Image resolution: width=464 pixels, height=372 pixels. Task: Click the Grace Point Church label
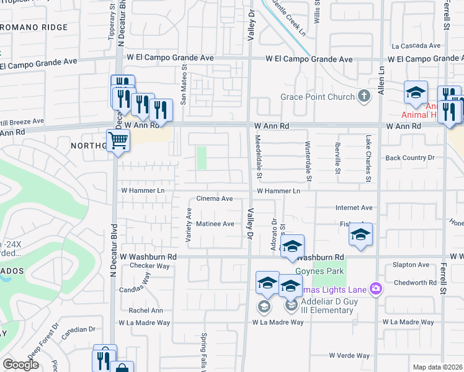(x=316, y=97)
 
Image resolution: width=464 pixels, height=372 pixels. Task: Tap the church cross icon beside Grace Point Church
(x=364, y=96)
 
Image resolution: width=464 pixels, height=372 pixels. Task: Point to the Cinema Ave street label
(x=214, y=199)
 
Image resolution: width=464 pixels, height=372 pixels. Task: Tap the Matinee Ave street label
(x=215, y=223)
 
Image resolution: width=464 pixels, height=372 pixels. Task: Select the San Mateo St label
(x=183, y=86)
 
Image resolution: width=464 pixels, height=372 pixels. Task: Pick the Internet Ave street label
(x=354, y=208)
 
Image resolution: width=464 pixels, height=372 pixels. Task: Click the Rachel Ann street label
(x=145, y=310)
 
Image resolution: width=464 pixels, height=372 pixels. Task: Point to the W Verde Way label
(x=349, y=355)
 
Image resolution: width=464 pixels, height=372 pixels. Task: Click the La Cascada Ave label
(x=416, y=46)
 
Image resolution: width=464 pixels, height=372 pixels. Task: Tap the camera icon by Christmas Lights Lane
(x=375, y=288)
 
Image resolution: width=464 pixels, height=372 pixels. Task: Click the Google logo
(x=20, y=365)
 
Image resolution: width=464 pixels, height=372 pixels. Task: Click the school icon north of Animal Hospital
(x=415, y=93)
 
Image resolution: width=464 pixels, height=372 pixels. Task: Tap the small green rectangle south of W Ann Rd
(x=201, y=157)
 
